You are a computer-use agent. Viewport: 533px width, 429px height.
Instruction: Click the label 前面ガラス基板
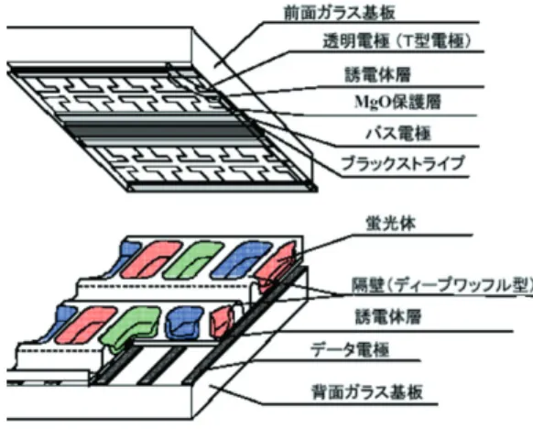tap(339, 13)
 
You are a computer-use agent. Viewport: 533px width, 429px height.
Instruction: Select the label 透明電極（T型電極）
tap(397, 41)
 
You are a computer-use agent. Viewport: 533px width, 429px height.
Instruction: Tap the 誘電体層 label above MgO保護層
tap(377, 74)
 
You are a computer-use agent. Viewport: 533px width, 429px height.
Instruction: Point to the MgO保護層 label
tap(397, 102)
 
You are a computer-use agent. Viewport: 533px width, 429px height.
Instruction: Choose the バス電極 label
tap(398, 133)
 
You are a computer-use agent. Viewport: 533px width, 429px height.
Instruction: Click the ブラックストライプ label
tap(402, 163)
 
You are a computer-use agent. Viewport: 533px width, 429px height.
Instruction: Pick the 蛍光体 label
tap(390, 224)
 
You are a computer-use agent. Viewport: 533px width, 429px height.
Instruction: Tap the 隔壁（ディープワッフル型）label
tap(441, 285)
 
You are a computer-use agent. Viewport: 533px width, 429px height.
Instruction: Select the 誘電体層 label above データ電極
tap(388, 316)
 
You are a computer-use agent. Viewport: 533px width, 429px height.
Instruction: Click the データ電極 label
tap(349, 349)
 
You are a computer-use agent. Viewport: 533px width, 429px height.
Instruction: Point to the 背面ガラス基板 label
tap(367, 392)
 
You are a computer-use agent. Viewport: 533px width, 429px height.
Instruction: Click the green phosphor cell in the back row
tap(192, 259)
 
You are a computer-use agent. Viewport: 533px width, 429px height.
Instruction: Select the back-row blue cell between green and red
tap(241, 259)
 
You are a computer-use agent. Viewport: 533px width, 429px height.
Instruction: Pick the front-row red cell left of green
tap(86, 324)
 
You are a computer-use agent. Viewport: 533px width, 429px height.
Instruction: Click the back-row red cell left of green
tap(150, 259)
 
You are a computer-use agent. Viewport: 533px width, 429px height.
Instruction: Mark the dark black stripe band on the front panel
tap(159, 131)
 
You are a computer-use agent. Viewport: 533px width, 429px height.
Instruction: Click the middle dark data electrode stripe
tap(161, 366)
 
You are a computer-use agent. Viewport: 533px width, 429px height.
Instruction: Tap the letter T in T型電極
tap(405, 41)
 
